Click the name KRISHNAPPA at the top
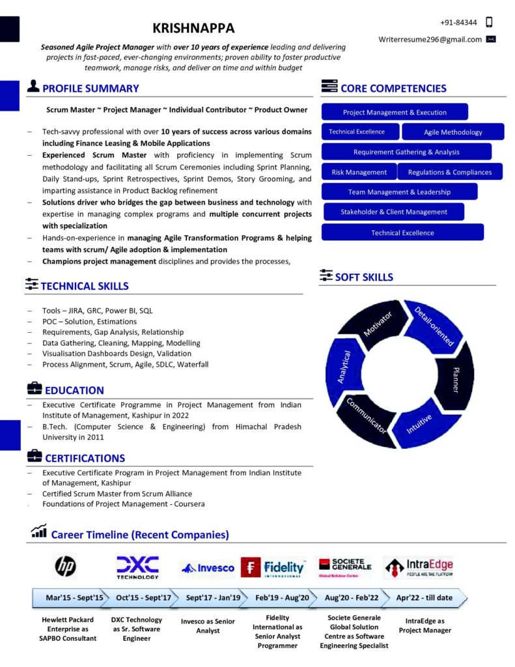coord(193,28)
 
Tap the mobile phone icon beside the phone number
coord(490,22)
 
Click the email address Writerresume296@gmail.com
coord(430,39)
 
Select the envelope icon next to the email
coord(491,39)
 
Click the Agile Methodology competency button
coord(452,132)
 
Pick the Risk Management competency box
coord(359,172)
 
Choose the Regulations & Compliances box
coord(449,172)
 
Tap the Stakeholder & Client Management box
coord(393,212)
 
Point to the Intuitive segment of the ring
coord(419,425)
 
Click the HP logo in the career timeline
coord(64,567)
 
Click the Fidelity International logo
coord(273,567)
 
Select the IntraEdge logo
coord(419,567)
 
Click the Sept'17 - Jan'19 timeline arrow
coord(213,597)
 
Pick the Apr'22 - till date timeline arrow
coord(425,597)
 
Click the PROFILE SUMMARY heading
coord(90,89)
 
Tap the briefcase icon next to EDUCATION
coord(34,389)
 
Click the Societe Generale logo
coord(344,567)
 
